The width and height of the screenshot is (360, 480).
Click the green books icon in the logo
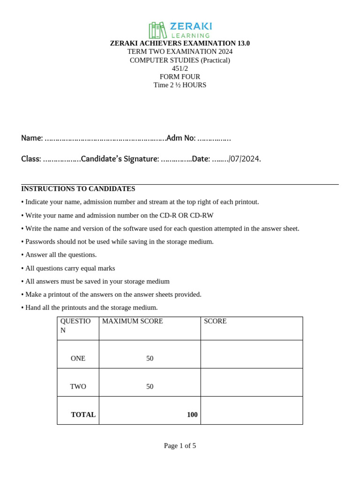coord(157,30)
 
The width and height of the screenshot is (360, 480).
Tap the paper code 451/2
coord(180,68)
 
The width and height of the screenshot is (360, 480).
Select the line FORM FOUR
coord(180,77)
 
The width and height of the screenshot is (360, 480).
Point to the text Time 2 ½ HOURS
coord(180,85)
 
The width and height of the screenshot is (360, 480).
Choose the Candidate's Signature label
coord(120,159)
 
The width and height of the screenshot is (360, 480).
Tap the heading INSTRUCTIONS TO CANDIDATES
coord(78,189)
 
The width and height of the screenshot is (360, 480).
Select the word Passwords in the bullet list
coord(41,242)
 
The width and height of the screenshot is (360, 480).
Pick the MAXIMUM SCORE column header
coord(133,322)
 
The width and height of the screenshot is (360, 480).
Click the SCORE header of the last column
coord(215,322)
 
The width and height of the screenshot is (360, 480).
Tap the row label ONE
coord(78,359)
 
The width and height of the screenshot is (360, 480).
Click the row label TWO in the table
coord(78,387)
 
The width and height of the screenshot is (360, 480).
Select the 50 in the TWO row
coord(150,387)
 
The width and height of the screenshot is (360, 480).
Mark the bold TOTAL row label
coord(83,415)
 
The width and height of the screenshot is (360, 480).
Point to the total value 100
coord(192,415)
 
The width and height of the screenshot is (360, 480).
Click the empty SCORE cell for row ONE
coord(251,354)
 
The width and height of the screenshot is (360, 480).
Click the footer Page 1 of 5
coord(180,446)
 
